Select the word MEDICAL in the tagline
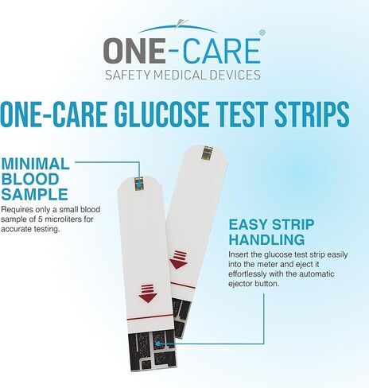pos(180,76)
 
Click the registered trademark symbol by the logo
pos(262,33)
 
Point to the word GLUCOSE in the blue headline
pos(180,114)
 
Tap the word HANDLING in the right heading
pos(266,239)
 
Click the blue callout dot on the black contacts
pos(160,344)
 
